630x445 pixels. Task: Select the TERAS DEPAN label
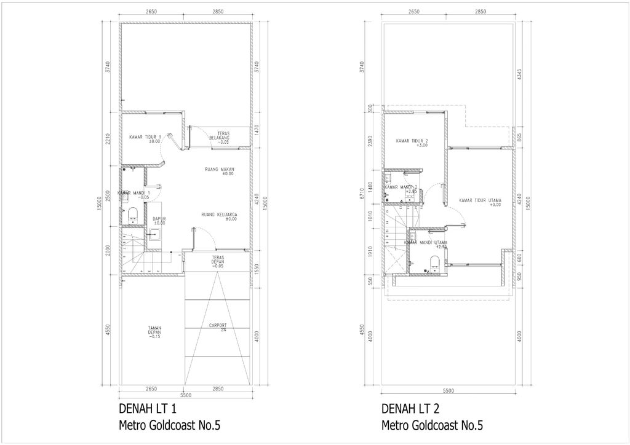[217, 260]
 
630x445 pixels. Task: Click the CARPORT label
[218, 326]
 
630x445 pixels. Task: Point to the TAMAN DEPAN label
[154, 333]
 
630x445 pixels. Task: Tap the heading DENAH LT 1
[148, 409]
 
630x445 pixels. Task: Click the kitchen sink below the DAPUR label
[154, 234]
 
